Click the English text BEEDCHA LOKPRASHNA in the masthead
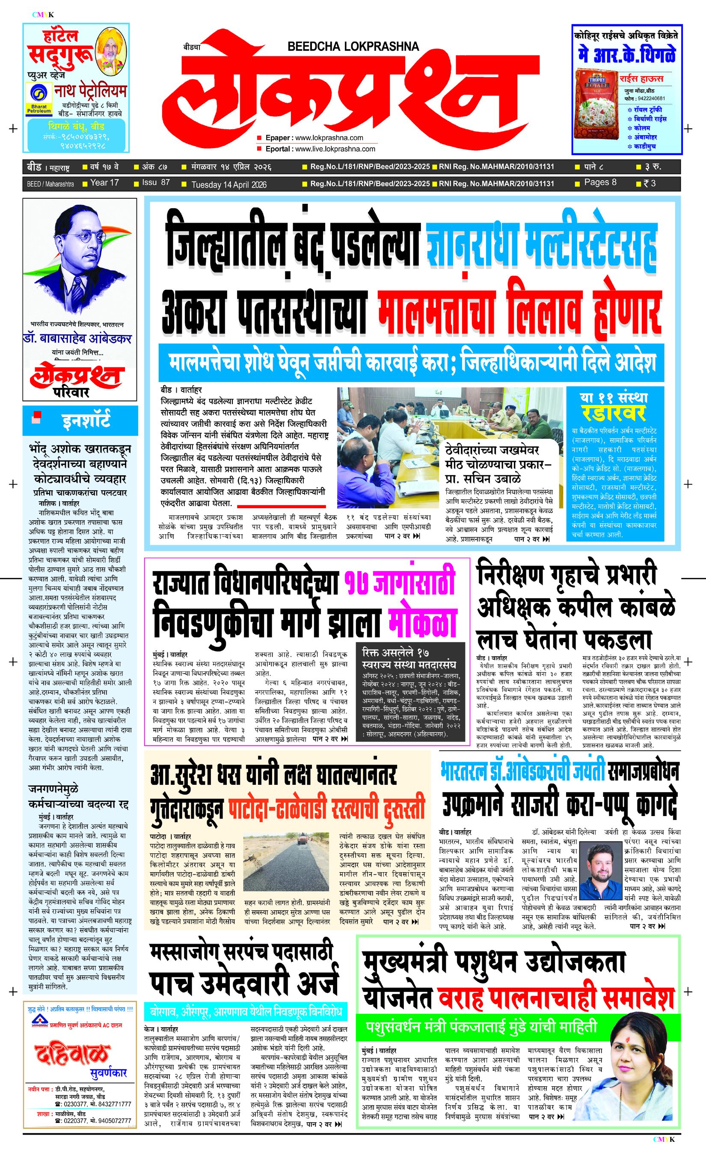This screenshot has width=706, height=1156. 353,46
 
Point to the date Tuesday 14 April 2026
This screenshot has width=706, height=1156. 229,185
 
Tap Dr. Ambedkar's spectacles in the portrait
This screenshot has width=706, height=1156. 82,238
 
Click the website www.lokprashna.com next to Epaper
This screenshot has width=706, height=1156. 329,138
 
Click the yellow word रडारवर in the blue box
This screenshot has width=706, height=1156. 614,413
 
